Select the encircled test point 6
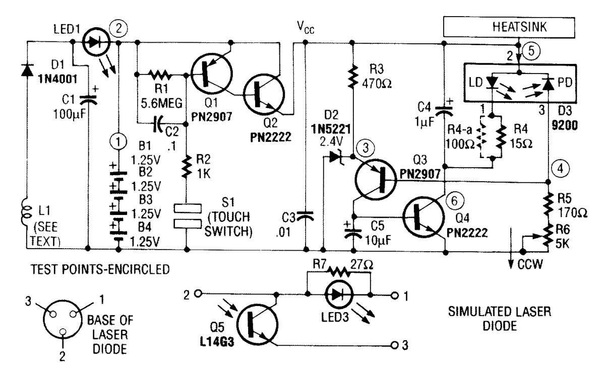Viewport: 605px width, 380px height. (x=454, y=200)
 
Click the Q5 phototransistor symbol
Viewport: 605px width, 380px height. (x=256, y=324)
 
